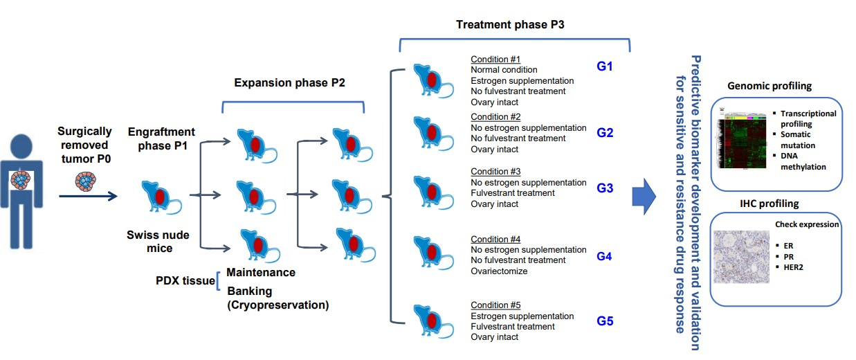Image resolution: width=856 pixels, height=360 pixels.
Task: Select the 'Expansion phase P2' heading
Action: pos(289,82)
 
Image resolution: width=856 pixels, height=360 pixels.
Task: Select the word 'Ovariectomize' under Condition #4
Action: pos(499,271)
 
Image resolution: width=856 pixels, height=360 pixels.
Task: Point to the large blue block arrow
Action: pos(645,197)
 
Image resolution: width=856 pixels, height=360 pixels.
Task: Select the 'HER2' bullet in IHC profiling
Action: pos(788,267)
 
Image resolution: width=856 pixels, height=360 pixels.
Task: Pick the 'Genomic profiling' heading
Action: pos(770,87)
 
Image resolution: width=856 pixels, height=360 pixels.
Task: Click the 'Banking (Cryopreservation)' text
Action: pos(277,298)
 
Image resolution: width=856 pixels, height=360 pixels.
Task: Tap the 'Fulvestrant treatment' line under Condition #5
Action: pos(513,327)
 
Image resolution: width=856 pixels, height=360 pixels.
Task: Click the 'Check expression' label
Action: pos(807,224)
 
